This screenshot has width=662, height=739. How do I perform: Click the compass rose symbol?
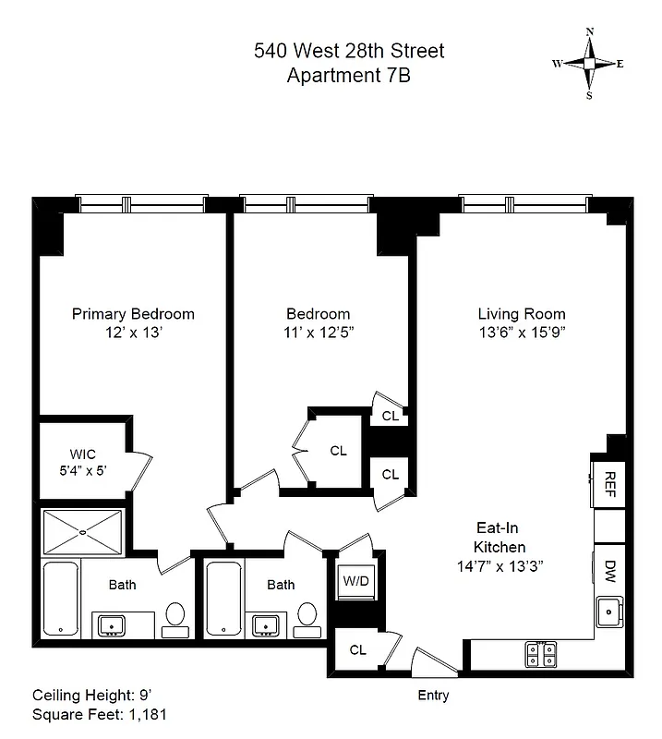coord(589,63)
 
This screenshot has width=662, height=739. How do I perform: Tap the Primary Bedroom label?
coord(133,314)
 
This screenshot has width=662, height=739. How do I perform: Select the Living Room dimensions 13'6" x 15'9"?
coord(522,333)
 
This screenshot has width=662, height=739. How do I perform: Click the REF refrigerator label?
coord(609,481)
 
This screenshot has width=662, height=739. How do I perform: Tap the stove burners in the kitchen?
coord(540,654)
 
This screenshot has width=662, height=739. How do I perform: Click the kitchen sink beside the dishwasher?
coord(609,611)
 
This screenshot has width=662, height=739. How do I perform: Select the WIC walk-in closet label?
coord(82,454)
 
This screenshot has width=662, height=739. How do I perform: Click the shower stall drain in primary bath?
coord(82,531)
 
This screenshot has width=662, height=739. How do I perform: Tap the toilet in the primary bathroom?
coord(175,617)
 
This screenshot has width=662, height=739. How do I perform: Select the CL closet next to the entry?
coord(357,650)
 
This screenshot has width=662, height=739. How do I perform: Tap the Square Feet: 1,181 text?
coord(100,714)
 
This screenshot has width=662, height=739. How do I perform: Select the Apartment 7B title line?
coord(348,76)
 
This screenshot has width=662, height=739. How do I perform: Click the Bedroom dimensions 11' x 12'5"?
coord(318,333)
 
